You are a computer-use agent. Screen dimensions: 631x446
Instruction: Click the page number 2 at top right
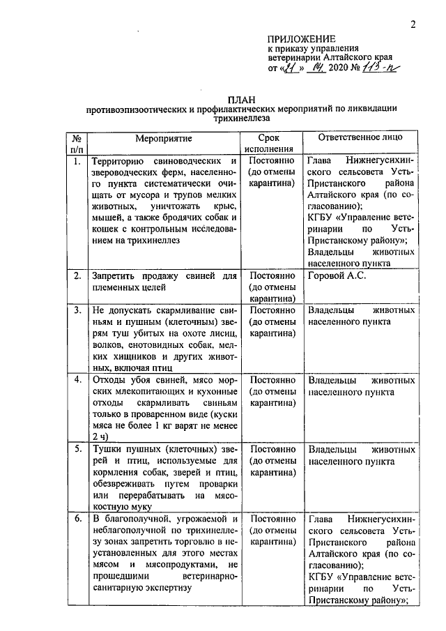(413, 26)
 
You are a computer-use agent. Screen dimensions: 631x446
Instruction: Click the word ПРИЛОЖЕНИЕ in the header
(302, 38)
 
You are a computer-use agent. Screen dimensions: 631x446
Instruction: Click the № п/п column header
(77, 144)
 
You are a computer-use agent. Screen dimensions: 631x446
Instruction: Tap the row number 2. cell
(77, 276)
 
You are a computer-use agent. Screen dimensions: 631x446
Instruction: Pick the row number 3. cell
(77, 310)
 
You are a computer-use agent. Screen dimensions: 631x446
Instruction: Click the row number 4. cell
(77, 381)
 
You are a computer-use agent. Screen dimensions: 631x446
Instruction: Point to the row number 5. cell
(77, 449)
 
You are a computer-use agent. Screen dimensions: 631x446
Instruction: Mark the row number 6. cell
(77, 520)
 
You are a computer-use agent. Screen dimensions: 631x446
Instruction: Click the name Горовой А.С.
(337, 276)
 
